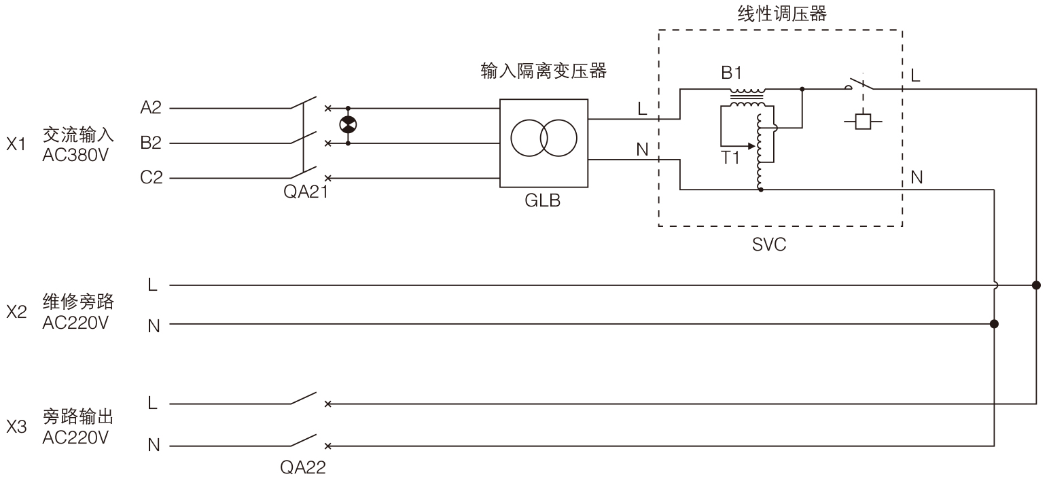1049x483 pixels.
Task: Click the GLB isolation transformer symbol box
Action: click(x=544, y=143)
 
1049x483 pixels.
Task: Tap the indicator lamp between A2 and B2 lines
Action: click(x=349, y=125)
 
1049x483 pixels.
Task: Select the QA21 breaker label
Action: click(x=305, y=192)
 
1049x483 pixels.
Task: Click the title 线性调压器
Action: click(x=781, y=13)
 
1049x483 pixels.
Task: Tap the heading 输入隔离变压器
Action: click(x=543, y=71)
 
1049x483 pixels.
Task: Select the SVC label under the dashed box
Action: click(x=769, y=245)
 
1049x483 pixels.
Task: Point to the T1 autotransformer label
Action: click(x=730, y=158)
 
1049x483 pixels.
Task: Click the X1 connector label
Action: click(x=16, y=144)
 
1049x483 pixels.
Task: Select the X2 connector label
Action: click(x=16, y=312)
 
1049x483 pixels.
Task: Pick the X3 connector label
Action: click(x=16, y=427)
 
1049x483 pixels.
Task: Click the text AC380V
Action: click(x=75, y=155)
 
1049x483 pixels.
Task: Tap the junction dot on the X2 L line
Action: click(x=1036, y=285)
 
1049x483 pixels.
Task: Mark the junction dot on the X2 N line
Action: click(x=995, y=324)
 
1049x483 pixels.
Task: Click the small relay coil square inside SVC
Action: click(x=863, y=122)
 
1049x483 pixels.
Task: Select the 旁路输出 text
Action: click(x=77, y=416)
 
